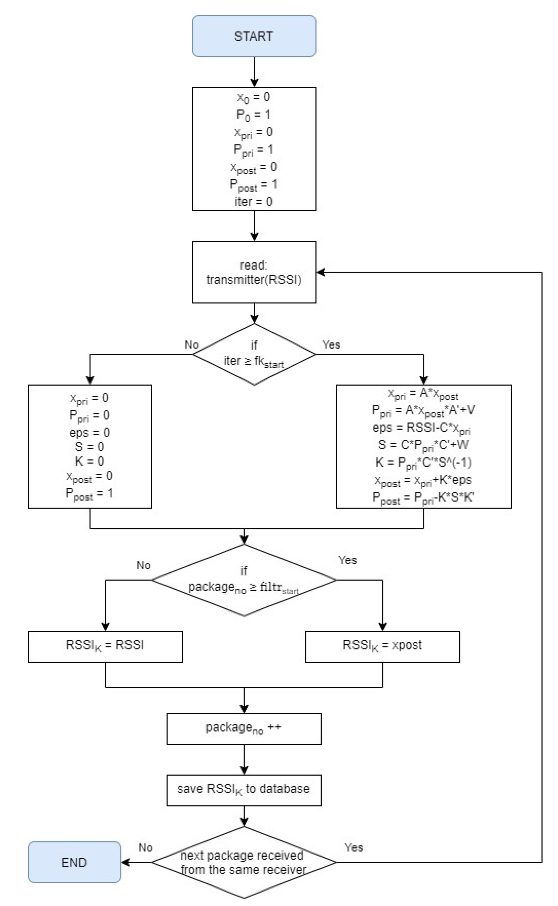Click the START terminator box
click(254, 36)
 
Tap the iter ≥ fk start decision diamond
click(254, 354)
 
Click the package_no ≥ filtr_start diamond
click(244, 580)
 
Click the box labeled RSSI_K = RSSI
click(105, 645)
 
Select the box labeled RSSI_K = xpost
click(382, 645)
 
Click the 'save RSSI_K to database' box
click(244, 789)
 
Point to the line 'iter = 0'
click(254, 202)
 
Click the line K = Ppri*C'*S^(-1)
click(423, 463)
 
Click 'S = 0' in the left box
click(90, 447)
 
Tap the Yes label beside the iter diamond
click(331, 345)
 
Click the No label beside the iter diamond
click(192, 345)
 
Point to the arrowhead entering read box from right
click(320, 272)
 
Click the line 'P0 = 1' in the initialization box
click(254, 115)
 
